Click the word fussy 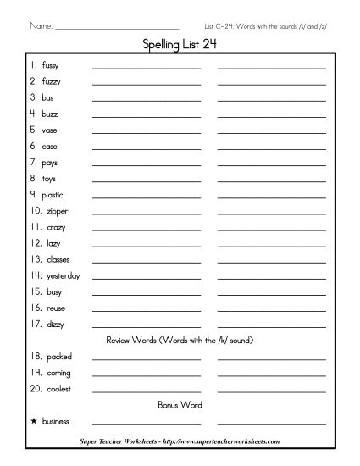[x=49, y=66]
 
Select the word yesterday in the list [x=63, y=276]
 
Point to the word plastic [x=53, y=195]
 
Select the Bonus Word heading [x=180, y=405]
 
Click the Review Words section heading [x=180, y=340]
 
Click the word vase [x=49, y=130]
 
